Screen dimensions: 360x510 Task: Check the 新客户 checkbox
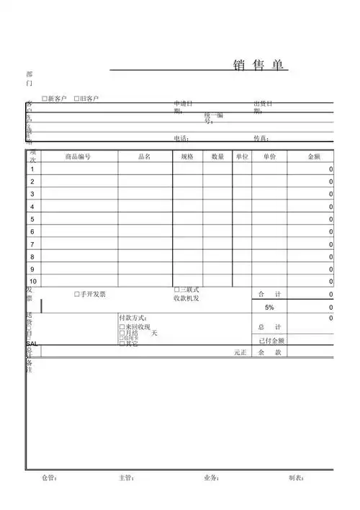tap(45, 98)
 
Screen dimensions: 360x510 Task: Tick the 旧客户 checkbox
tap(77, 98)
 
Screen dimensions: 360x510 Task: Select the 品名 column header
tap(144, 156)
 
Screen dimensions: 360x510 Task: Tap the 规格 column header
tap(187, 156)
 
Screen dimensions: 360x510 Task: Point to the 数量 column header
tap(217, 156)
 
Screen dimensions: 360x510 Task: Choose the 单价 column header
tap(269, 156)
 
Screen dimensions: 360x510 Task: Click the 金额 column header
tap(314, 156)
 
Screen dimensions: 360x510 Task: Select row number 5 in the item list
tap(32, 219)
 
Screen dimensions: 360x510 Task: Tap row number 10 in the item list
tap(33, 282)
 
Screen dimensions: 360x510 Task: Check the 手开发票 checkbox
tap(77, 295)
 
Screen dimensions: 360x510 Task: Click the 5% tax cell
tap(269, 308)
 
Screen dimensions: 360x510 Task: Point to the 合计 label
tap(269, 295)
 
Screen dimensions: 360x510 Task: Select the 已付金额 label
tap(271, 341)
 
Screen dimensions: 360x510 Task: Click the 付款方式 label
tap(134, 318)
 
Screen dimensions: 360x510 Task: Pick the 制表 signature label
tap(297, 478)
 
